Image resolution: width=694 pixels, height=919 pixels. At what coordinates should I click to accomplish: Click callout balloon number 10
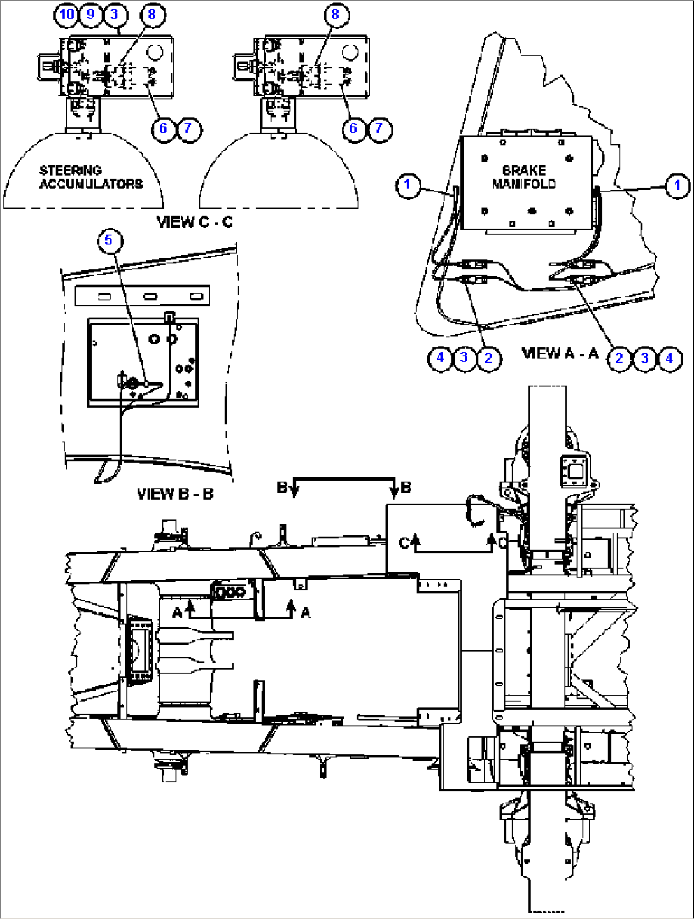pos(67,15)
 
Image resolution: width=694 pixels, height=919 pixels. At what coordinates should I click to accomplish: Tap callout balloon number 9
pos(90,15)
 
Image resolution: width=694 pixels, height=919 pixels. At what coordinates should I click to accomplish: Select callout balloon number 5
pos(109,241)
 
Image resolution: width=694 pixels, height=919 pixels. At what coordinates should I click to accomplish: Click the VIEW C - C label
pos(195,221)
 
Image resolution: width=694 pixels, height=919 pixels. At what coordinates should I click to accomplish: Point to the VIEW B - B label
pos(176,494)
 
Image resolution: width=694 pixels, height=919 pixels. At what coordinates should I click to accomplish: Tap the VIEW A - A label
pos(560,354)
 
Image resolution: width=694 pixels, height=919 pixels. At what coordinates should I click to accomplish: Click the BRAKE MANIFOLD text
pos(523,177)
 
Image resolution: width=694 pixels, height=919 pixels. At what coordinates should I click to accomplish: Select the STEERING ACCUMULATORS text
pos(91,177)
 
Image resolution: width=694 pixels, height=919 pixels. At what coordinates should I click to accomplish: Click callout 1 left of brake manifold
pos(407,185)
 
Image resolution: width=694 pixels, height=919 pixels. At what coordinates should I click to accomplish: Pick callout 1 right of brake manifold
pos(677,185)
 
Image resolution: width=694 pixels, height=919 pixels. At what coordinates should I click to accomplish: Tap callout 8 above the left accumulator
pos(152,15)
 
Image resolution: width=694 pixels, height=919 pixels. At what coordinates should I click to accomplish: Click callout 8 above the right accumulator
pos(335,15)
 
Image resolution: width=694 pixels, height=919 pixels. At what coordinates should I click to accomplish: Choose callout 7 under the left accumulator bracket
pos(188,128)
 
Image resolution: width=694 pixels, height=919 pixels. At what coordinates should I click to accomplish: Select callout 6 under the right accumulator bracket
pos(353,128)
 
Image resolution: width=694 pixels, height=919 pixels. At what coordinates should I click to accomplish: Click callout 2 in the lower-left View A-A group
pos(488,358)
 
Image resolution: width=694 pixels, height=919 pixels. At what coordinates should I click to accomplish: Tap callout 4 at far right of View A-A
pos(669,358)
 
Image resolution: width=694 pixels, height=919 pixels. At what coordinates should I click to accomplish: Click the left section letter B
pos(281,488)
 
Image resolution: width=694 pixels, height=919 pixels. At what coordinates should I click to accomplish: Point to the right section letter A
pos(306,613)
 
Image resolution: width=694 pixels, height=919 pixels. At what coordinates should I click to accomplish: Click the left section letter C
pos(404,543)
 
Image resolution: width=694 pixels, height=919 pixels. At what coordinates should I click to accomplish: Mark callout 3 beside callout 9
pos(115,15)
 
